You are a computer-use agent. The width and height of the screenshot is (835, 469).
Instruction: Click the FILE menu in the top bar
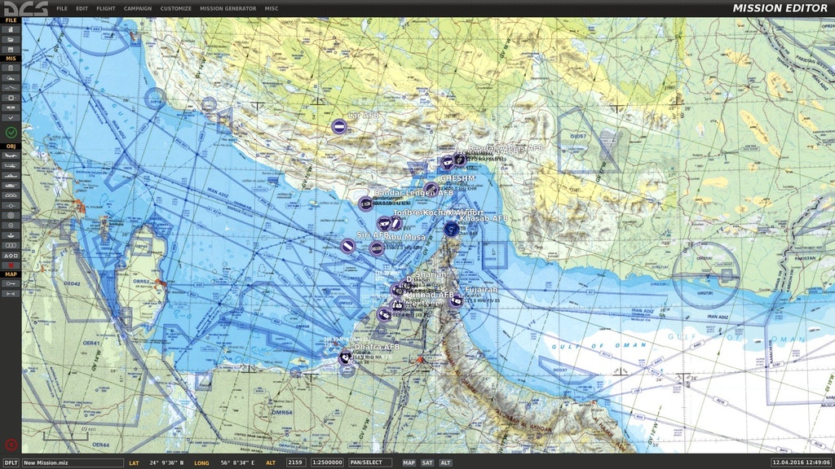coord(62,8)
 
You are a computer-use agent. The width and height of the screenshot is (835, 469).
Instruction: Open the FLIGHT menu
coord(106,8)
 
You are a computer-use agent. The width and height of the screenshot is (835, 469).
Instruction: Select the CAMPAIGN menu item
coord(137,8)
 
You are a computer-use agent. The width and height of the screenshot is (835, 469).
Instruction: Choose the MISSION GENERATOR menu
coord(228,8)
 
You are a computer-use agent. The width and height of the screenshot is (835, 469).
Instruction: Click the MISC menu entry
coord(272,8)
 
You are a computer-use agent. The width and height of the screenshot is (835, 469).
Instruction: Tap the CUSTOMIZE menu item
coord(175,8)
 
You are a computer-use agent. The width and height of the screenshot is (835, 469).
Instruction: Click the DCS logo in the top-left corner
coord(24,8)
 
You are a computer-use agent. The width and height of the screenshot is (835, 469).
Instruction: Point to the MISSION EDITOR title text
coord(780,8)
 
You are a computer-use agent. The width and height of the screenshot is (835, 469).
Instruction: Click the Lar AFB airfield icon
coord(338,126)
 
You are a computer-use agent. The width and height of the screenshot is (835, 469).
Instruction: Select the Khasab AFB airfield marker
coord(451,229)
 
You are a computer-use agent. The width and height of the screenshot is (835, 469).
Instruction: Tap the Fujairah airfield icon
coord(456,300)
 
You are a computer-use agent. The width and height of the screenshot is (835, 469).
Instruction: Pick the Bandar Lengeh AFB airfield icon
coord(365,204)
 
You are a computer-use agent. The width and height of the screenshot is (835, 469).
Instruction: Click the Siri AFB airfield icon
coord(347,245)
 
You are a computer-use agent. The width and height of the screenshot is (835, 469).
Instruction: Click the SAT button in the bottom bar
coord(427,462)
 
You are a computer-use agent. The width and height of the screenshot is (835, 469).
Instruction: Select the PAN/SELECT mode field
coord(370,462)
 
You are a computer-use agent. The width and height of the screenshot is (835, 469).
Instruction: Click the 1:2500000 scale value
coord(327,462)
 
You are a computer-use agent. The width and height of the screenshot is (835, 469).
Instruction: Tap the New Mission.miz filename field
coord(72,462)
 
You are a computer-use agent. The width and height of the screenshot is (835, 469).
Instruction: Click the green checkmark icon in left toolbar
coord(11,132)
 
